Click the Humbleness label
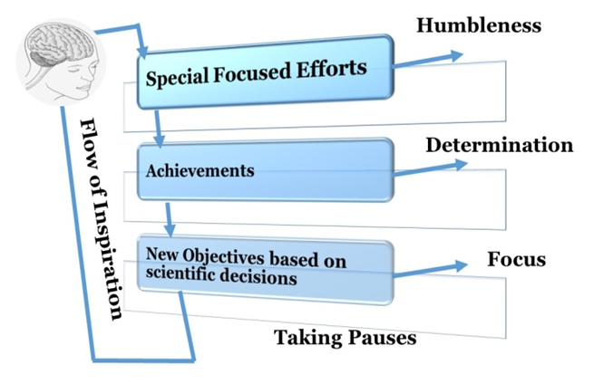pos(478,24)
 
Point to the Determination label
pos(498,146)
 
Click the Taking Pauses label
pos(345,339)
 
